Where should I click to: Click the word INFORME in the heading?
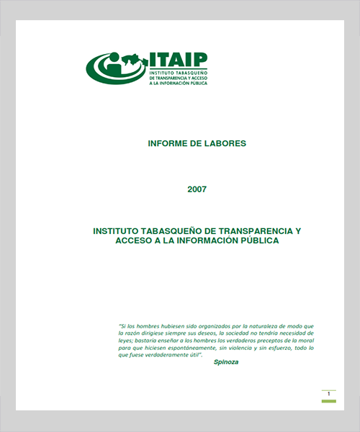[167, 143]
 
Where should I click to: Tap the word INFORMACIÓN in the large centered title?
[209, 241]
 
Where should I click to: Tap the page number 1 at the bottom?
[329, 394]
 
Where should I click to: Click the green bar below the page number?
[329, 400]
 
